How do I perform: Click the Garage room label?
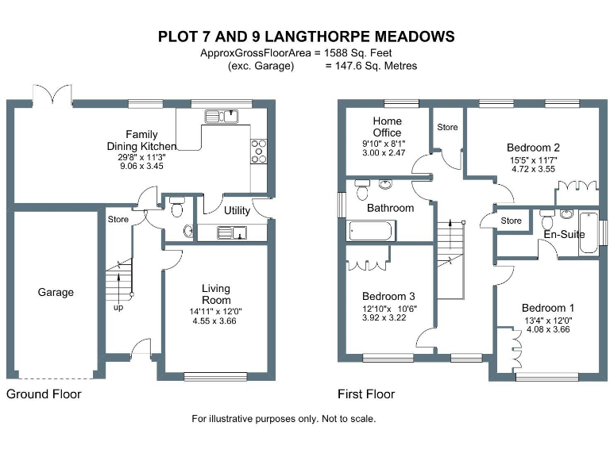coord(56,292)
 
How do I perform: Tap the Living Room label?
coord(215,294)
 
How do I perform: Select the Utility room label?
coord(237,211)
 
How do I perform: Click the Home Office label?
coord(387,127)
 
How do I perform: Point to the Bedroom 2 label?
coord(534,147)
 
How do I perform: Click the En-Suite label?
coord(564,235)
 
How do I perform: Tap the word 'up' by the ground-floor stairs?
coord(118,308)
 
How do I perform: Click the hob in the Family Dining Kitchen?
coord(259,150)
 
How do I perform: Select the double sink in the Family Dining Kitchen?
coord(222,117)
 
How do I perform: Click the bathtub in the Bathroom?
coord(371,231)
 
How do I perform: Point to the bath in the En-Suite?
coord(589,232)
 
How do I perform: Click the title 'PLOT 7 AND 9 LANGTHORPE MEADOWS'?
coord(306,36)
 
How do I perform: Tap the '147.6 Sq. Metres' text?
coord(371,67)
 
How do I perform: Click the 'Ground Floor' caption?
coord(44,394)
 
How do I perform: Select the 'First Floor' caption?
coord(366,394)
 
